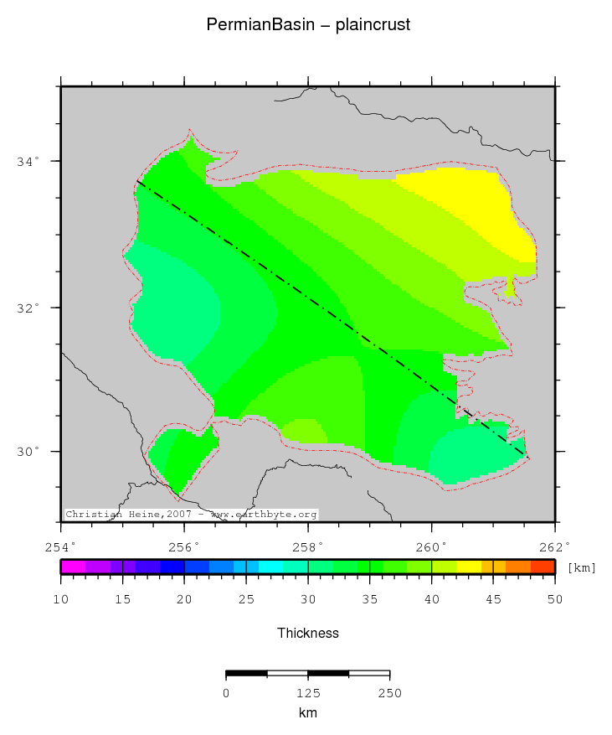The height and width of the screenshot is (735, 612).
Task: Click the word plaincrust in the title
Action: point(373,26)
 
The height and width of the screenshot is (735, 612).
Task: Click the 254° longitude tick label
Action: point(61,546)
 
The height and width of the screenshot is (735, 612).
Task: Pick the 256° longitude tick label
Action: point(184,546)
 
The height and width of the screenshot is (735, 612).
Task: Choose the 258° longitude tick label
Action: point(308,546)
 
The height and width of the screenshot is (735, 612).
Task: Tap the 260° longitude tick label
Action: point(431,546)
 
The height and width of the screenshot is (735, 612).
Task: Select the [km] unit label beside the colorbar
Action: point(582,568)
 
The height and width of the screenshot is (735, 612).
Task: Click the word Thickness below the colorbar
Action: point(308,634)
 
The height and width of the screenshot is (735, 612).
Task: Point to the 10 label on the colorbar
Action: point(61,599)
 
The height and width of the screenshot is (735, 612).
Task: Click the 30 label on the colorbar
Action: point(308,599)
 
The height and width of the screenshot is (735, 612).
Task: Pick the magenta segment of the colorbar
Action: point(74,567)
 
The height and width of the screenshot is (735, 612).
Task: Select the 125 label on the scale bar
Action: point(308,693)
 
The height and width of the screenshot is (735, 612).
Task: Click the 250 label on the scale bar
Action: point(390,693)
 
